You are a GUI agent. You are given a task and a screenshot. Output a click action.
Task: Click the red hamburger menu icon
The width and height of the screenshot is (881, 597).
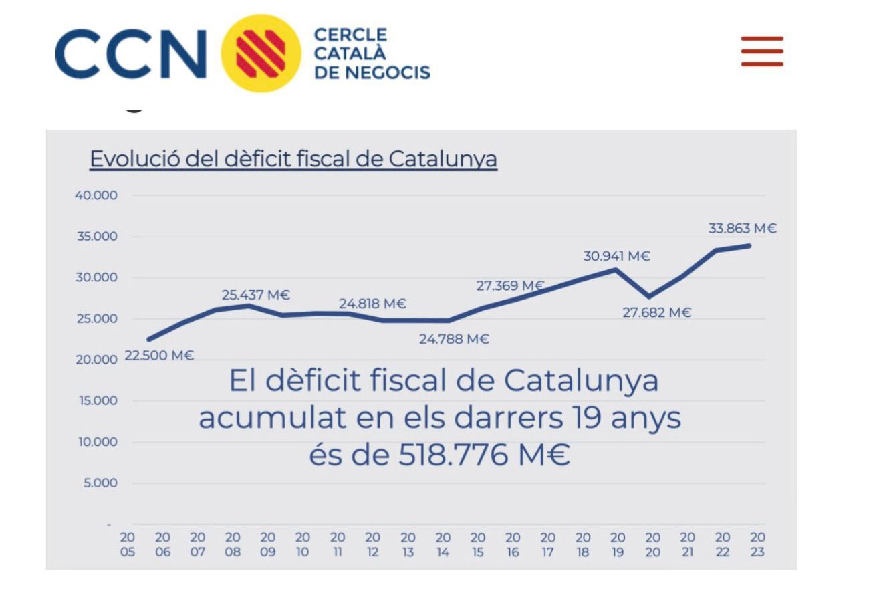click(x=761, y=51)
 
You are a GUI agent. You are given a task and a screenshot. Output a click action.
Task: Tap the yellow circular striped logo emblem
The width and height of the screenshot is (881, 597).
click(x=260, y=53)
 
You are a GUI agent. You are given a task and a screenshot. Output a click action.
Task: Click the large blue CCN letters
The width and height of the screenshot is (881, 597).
click(x=131, y=53)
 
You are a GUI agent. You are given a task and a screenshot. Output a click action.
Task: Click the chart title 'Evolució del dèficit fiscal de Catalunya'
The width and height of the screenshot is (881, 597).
click(x=293, y=160)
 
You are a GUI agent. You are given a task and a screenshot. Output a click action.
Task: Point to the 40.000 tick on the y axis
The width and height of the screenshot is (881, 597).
click(x=97, y=195)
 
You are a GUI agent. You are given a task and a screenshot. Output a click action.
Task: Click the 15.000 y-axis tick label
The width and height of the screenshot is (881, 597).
click(x=97, y=400)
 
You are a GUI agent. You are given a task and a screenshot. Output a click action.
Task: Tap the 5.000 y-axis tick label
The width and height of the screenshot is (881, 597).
click(x=100, y=483)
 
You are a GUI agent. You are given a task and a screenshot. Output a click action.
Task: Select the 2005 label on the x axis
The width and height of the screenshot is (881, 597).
click(x=128, y=544)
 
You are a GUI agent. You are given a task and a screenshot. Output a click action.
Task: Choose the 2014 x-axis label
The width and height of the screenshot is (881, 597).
click(x=443, y=544)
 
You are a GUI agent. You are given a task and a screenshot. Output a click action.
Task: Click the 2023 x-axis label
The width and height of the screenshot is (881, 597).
click(x=757, y=544)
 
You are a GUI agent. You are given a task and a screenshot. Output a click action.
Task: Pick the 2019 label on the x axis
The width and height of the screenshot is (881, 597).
click(x=618, y=544)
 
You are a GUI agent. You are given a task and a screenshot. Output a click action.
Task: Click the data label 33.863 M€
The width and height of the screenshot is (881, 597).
click(x=742, y=229)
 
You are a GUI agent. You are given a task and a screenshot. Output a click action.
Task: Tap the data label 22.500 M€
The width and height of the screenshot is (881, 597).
click(x=159, y=356)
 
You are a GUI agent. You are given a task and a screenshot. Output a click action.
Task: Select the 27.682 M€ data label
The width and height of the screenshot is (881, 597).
click(x=656, y=312)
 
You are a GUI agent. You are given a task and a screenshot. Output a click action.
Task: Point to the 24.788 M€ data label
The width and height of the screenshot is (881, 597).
click(x=454, y=339)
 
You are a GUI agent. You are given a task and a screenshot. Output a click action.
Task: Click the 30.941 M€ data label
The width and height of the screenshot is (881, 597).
click(x=616, y=256)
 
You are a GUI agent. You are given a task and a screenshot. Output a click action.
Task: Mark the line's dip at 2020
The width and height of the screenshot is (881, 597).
click(x=648, y=296)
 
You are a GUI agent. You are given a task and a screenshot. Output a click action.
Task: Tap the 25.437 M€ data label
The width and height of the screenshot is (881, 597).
click(x=256, y=295)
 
